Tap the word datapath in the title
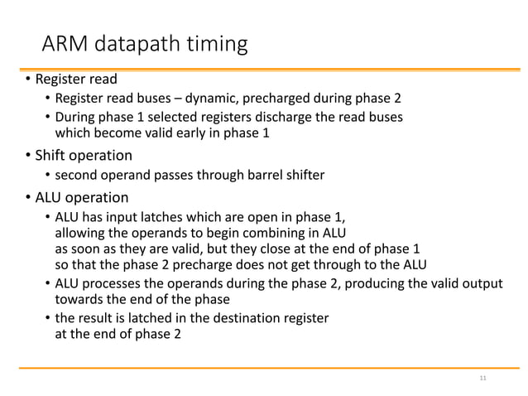[134, 43]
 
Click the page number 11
[483, 379]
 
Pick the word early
[212, 133]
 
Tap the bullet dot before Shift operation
[26, 156]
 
